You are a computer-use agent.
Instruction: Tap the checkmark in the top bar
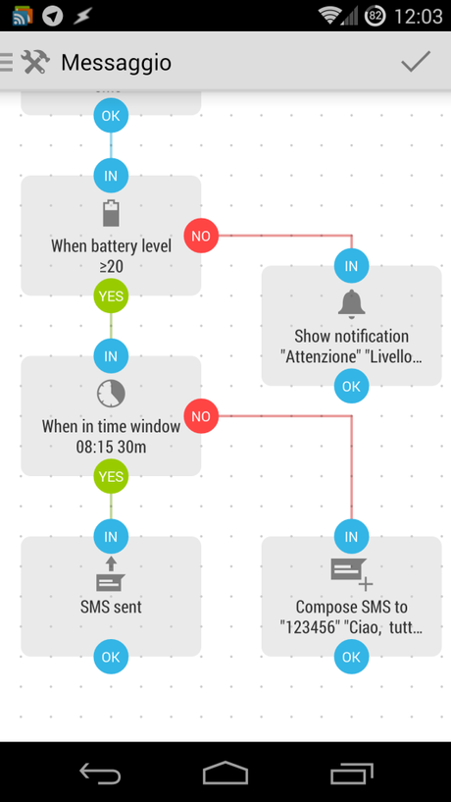coord(416,62)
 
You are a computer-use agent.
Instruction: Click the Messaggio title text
coord(116,63)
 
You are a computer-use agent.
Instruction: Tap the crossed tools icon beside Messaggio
coord(35,62)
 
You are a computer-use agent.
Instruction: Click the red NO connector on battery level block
coord(201,236)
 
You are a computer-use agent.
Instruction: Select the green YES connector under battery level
coord(111,294)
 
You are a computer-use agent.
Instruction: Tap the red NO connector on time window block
coord(201,416)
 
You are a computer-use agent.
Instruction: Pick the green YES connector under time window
coord(111,476)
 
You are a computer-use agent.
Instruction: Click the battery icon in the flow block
coord(111,213)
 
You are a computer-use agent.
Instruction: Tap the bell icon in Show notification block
coord(351,303)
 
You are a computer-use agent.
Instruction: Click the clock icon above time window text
coord(111,394)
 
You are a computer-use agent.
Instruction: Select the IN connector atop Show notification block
coord(351,265)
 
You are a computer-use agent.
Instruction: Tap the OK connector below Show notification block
coord(351,386)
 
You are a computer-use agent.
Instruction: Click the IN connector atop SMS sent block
coord(111,536)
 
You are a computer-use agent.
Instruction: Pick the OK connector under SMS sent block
coord(111,657)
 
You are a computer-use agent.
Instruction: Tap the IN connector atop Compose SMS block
coord(351,536)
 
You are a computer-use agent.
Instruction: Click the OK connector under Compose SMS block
coord(351,657)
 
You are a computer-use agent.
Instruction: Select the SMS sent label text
coord(111,607)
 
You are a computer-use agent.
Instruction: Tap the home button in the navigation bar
coord(225,774)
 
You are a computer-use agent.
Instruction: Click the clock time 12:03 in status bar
coord(418,16)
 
